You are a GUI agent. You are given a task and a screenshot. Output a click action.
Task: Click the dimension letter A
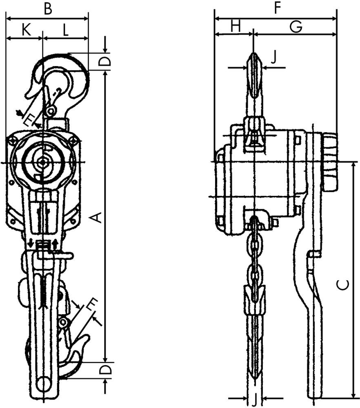(96, 217)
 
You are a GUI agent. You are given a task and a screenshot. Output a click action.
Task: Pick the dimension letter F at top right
(278, 9)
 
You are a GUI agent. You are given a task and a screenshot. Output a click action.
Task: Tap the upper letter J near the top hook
(274, 57)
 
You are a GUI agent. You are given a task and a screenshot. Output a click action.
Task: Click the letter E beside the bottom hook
(92, 304)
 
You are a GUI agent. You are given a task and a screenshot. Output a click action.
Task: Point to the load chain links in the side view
(255, 261)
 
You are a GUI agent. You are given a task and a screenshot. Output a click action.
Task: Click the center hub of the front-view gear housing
(42, 162)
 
